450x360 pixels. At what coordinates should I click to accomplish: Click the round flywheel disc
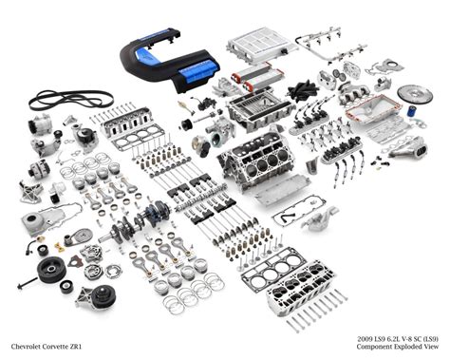414,95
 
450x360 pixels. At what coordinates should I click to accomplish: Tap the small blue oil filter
412,111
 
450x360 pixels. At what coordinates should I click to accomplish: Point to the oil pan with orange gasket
375,118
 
